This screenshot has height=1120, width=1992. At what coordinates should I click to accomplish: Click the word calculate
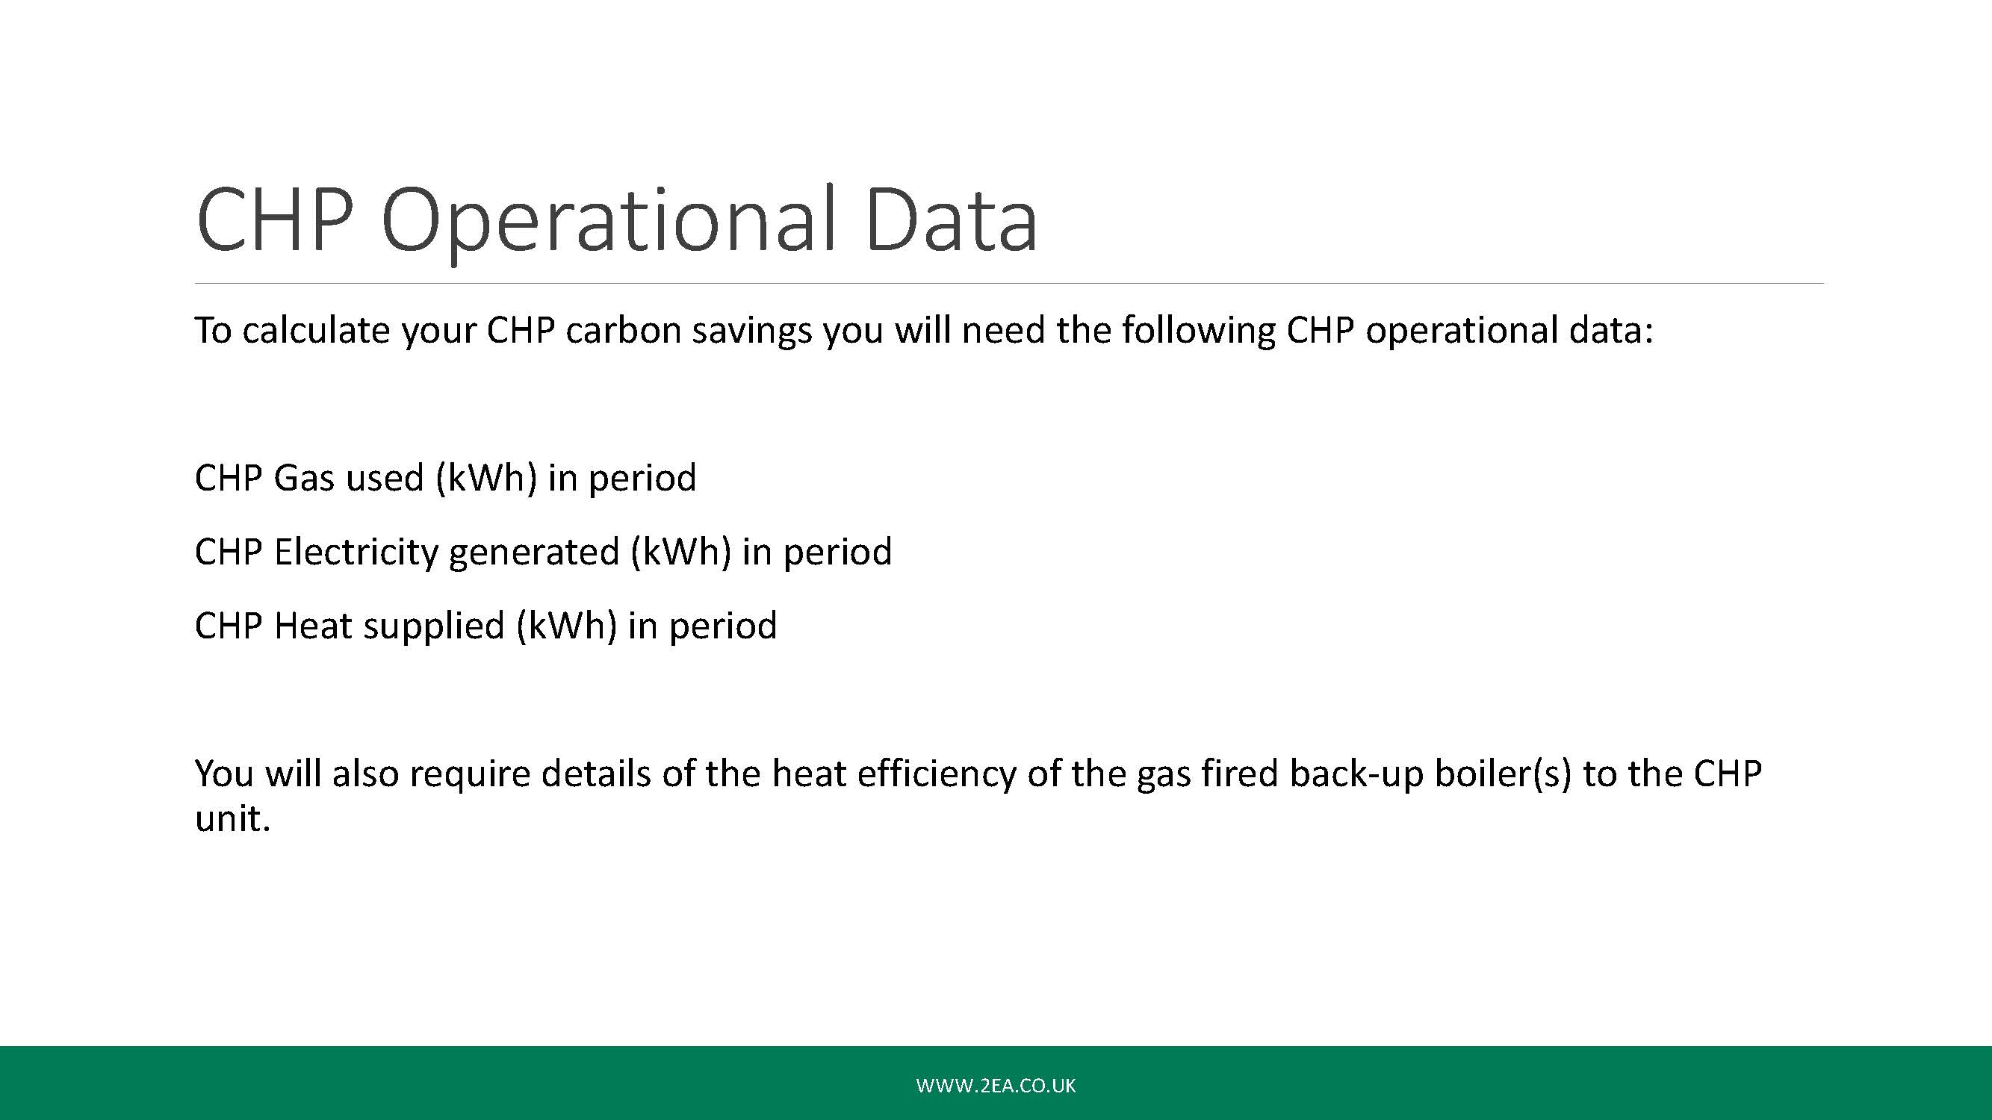point(315,330)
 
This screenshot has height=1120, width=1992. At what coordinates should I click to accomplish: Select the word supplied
point(433,627)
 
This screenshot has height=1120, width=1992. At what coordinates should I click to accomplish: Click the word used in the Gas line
point(385,478)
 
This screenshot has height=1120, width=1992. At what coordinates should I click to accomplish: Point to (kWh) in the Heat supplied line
point(567,627)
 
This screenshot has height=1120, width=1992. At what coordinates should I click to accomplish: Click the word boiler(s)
point(1504,774)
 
